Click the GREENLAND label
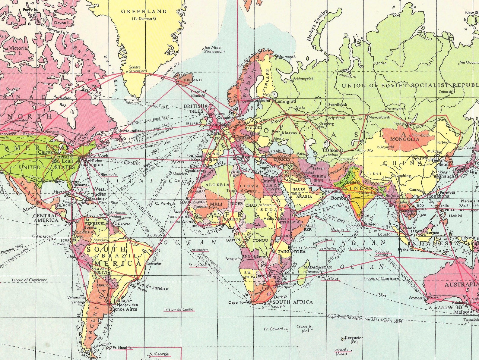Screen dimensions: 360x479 pos(144,11)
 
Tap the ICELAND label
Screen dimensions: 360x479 pos(193,80)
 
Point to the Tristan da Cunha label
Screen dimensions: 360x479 pos(179,309)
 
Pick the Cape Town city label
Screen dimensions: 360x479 pos(237,302)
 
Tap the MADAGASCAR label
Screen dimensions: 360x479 pos(318,267)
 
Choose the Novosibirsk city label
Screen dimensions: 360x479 pos(379,117)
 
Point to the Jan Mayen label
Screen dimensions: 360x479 pos(214,48)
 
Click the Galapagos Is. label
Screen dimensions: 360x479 pos(41,236)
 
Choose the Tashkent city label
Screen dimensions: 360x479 pos(332,150)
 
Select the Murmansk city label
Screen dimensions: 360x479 pos(286,56)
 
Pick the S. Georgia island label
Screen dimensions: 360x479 pos(159,354)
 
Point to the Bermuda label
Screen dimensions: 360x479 pos(109,174)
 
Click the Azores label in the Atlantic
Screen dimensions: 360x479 pos(178,161)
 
